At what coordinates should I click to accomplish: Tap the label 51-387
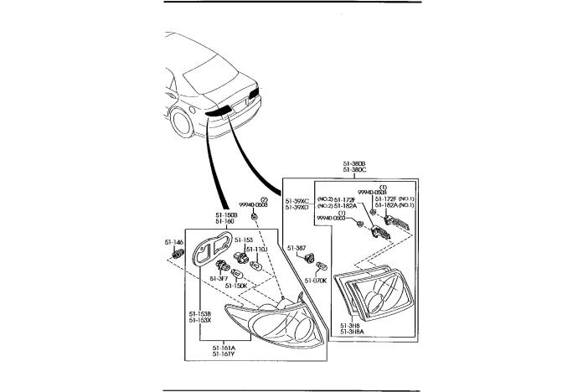tap(297, 248)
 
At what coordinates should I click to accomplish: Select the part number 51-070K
tap(315, 281)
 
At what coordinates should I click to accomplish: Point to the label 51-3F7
tap(218, 279)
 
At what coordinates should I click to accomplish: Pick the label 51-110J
tap(256, 250)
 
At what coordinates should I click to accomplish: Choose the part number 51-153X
tap(199, 319)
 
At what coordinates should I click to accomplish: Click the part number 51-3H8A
tap(353, 332)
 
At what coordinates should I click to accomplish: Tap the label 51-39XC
tap(297, 201)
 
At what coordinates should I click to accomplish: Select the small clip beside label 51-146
tap(177, 252)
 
